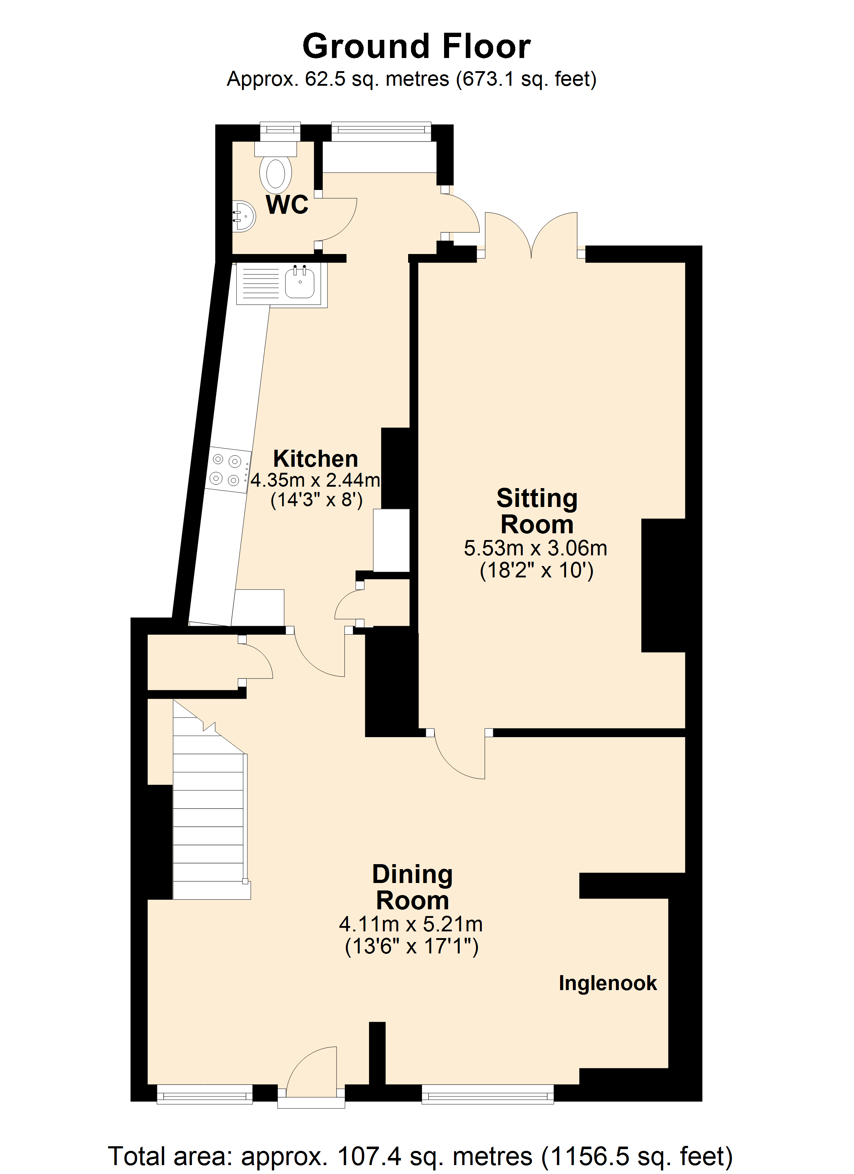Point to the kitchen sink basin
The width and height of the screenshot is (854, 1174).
click(300, 282)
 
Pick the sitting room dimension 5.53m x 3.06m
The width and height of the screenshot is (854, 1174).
click(536, 548)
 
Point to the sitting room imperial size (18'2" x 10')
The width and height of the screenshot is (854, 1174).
click(537, 570)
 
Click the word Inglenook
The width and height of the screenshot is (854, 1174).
click(607, 983)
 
